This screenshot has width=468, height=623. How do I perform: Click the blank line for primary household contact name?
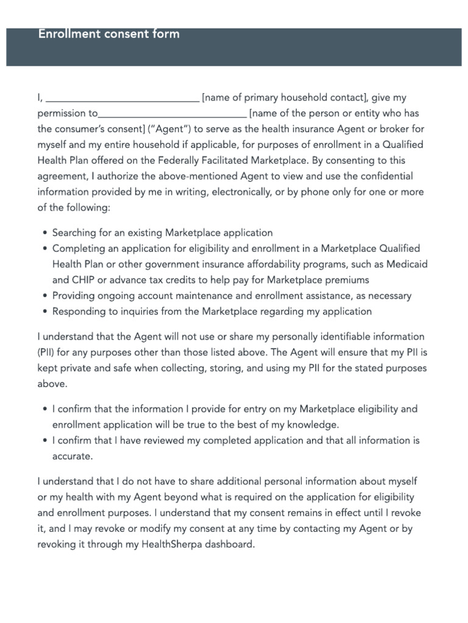(x=122, y=99)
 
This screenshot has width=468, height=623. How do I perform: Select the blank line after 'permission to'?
(x=172, y=115)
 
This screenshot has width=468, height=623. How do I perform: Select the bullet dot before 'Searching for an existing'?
(x=46, y=234)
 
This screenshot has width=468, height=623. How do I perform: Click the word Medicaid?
(x=408, y=264)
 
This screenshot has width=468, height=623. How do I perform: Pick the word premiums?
(x=347, y=280)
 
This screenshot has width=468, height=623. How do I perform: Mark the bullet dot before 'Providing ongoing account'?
(x=46, y=296)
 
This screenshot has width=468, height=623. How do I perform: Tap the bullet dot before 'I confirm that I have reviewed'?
(x=46, y=440)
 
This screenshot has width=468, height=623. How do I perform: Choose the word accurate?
(x=73, y=456)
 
